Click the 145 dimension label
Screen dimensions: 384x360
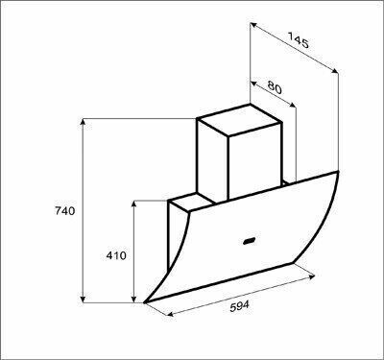tap(299, 39)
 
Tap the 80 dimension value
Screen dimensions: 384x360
tap(275, 87)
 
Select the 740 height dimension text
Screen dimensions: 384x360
tap(65, 211)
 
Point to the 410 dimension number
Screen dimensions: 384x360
tap(116, 255)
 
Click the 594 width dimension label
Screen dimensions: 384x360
tap(239, 306)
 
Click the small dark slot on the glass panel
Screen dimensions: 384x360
tap(249, 241)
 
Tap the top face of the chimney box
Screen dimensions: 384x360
tap(239, 120)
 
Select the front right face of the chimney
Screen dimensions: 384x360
tap(254, 162)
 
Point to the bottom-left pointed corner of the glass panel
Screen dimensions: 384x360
tap(145, 302)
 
